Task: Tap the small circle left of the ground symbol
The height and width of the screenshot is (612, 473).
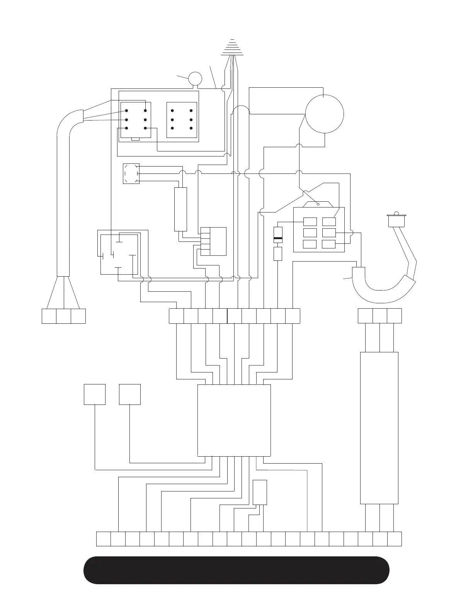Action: (x=195, y=78)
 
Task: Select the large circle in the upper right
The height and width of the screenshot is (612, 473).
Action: (x=325, y=114)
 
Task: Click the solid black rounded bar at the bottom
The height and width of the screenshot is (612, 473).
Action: (x=236, y=570)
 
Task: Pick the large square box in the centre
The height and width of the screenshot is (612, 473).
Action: (x=234, y=420)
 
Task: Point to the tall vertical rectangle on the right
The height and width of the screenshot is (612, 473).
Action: (x=379, y=428)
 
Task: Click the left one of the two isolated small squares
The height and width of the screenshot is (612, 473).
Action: (x=95, y=394)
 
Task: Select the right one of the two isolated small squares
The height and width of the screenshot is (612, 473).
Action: (x=130, y=394)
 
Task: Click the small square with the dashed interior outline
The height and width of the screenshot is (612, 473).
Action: (x=131, y=173)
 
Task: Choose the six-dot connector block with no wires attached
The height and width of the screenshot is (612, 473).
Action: (x=182, y=120)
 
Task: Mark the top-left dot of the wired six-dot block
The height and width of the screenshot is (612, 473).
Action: (x=126, y=111)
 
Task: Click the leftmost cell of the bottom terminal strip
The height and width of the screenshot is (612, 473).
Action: (x=103, y=539)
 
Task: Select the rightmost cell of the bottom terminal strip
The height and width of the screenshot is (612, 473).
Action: (x=394, y=539)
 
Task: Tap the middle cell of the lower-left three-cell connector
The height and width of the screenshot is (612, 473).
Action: (x=63, y=316)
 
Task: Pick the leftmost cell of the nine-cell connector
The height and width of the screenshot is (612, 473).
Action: (x=177, y=316)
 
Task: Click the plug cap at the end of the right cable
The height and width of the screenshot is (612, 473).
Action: (x=396, y=221)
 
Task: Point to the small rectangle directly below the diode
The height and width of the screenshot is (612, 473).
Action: (x=278, y=254)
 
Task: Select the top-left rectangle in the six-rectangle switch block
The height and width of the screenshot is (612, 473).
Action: (x=310, y=222)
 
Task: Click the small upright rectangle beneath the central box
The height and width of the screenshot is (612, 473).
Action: (x=260, y=492)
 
